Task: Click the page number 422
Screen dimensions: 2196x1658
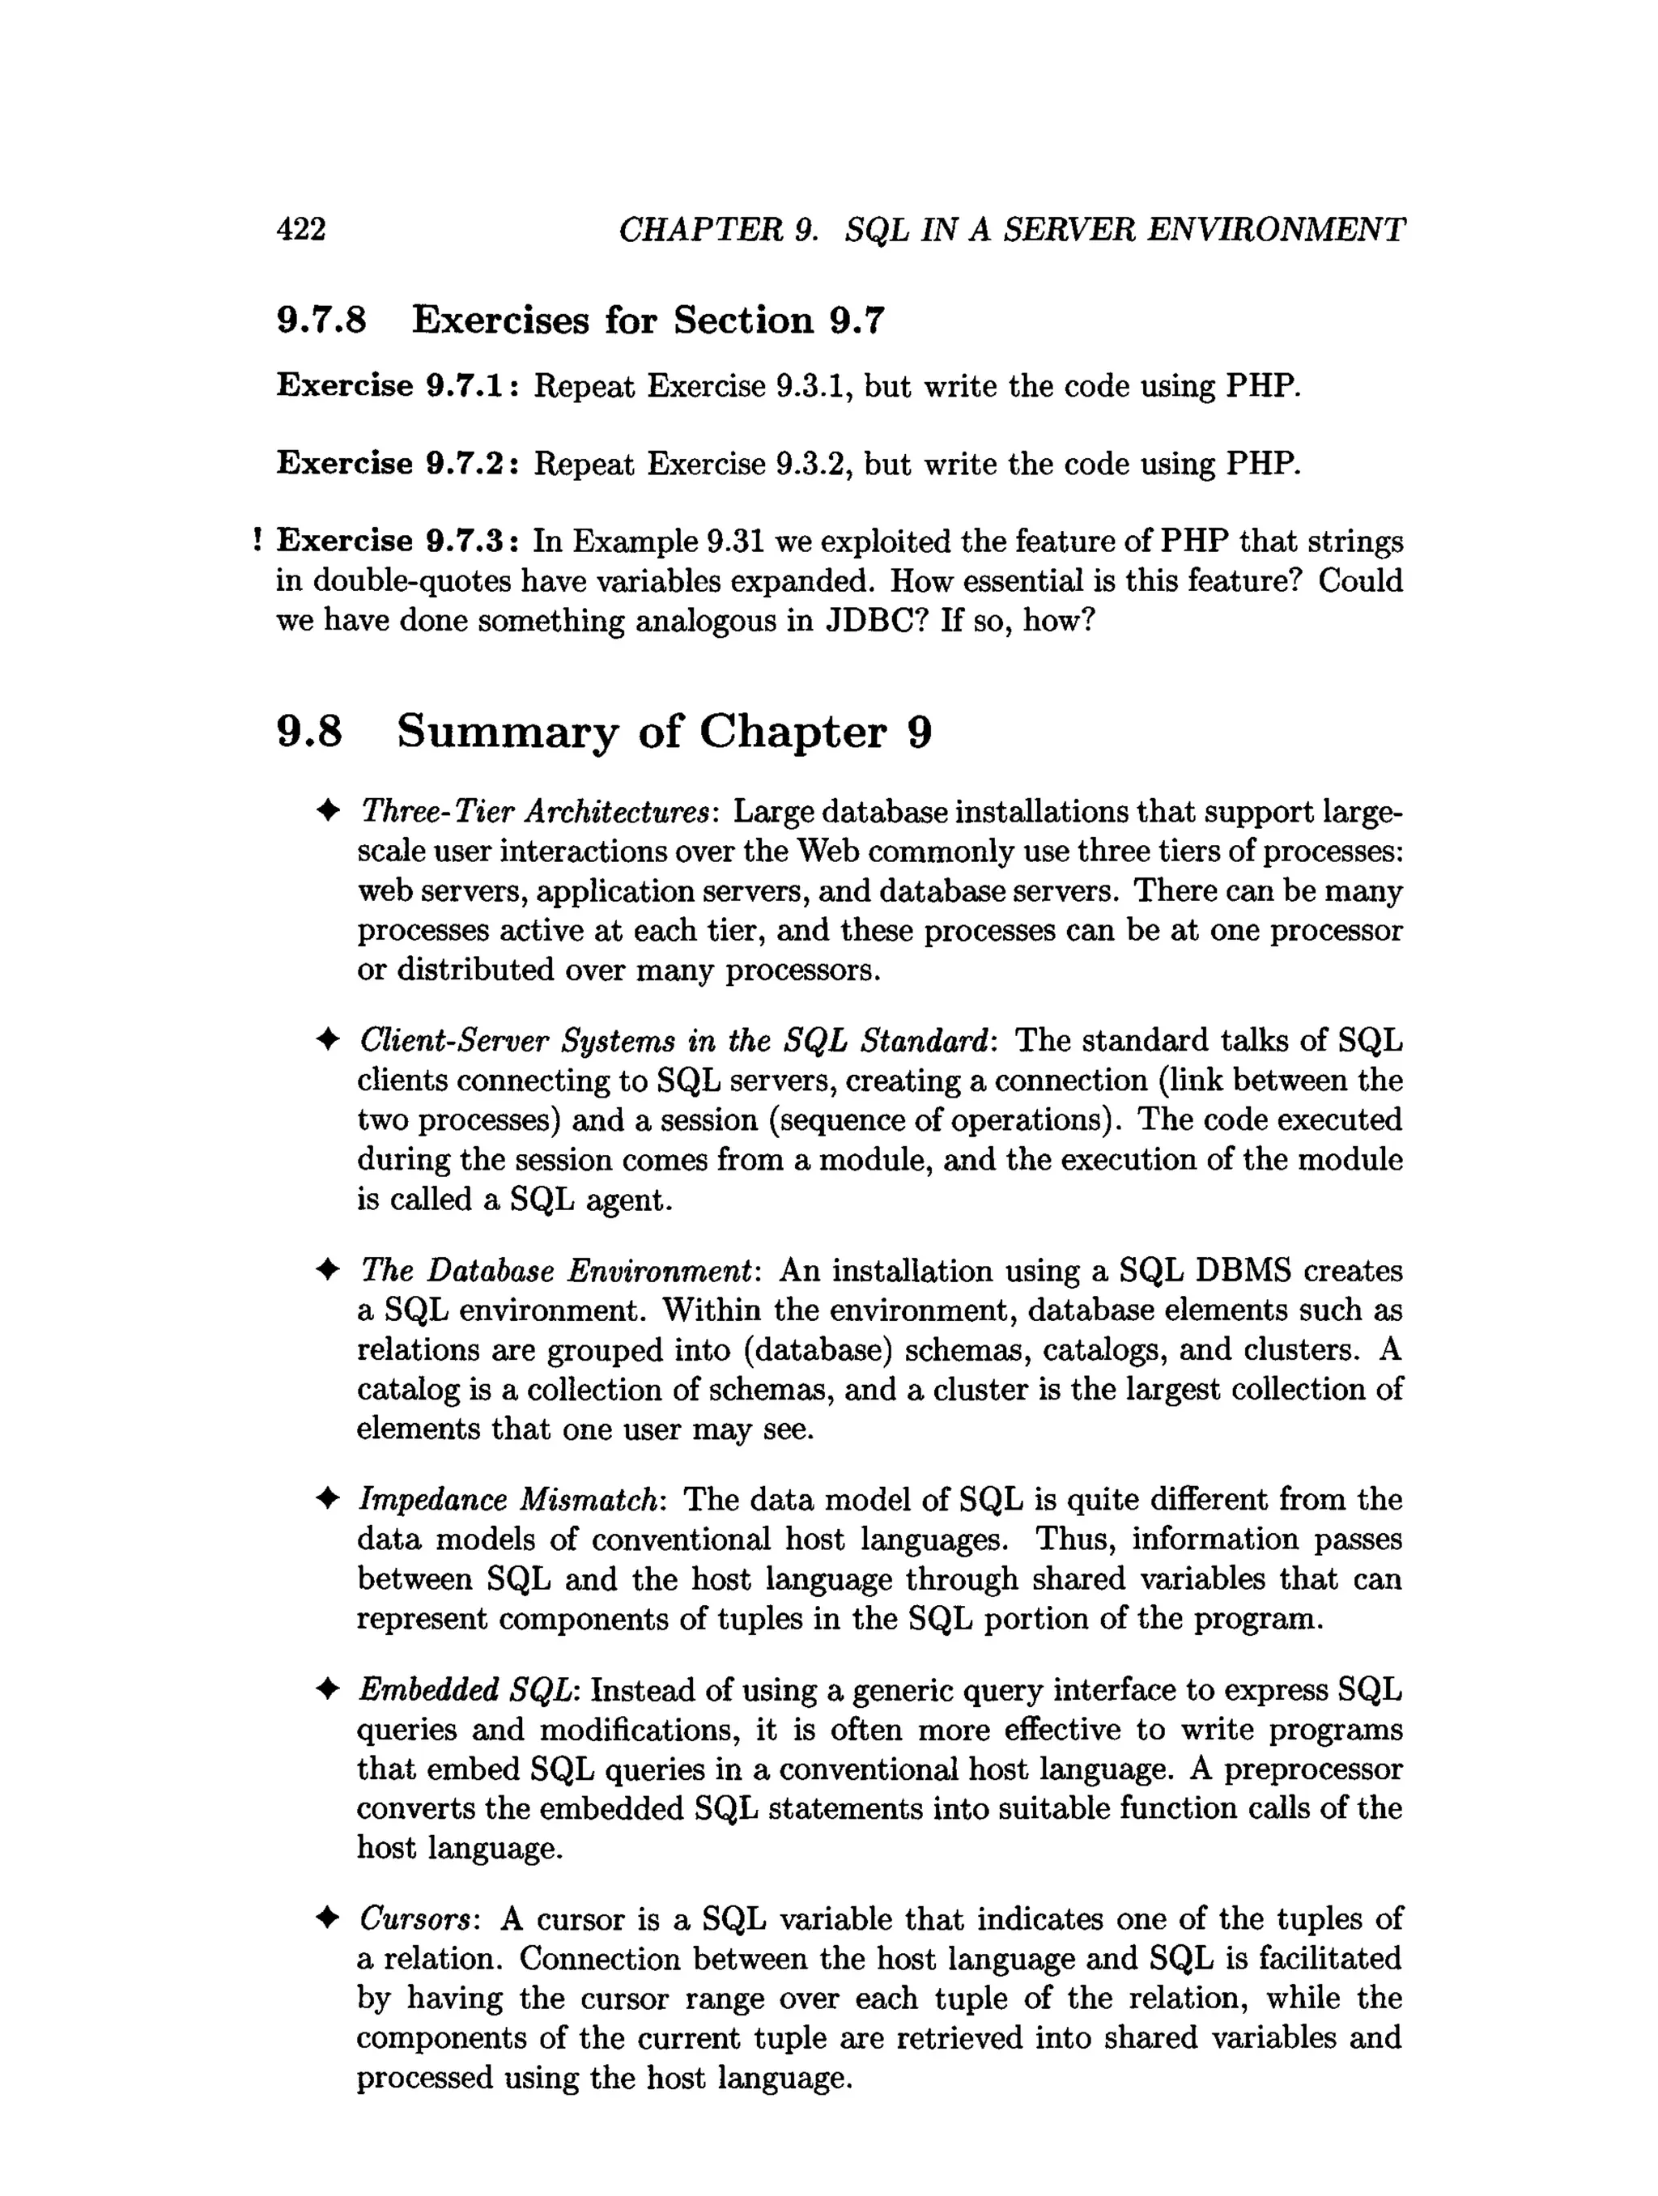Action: click(x=301, y=229)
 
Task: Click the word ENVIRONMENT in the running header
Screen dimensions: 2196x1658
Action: click(x=1276, y=229)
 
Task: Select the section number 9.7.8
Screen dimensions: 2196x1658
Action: click(x=321, y=320)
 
